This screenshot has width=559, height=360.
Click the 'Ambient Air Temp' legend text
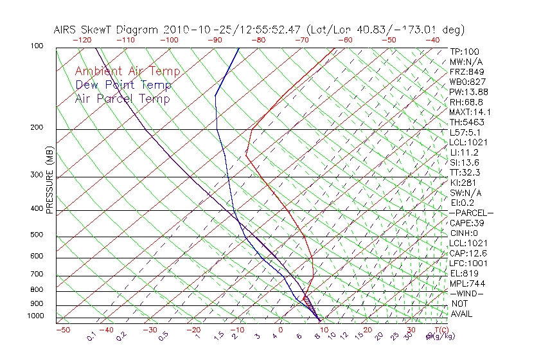127,71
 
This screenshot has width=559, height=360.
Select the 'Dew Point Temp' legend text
123,85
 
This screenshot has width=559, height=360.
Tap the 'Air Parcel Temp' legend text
122,98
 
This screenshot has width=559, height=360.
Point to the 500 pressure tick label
37,235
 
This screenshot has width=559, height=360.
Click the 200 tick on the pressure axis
37,128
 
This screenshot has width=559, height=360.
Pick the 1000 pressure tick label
35,316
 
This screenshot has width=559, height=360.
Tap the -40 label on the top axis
432,40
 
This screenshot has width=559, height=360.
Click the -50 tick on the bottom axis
62,330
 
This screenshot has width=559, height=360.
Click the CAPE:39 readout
467,222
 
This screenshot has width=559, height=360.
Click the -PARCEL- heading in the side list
471,213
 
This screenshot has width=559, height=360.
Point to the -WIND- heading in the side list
466,293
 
